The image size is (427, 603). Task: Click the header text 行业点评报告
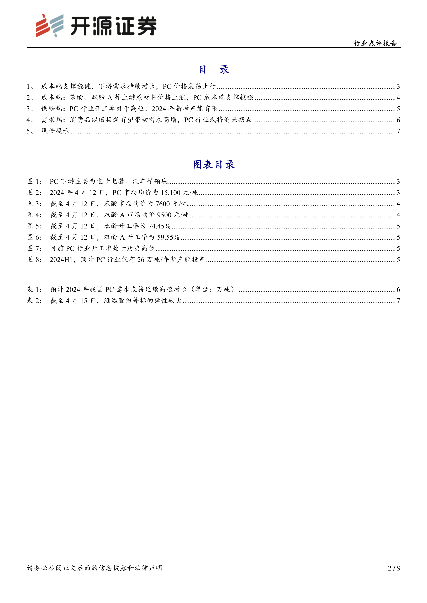[x=375, y=43]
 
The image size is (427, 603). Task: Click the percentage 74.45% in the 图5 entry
[x=159, y=226]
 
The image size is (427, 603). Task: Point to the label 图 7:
[x=34, y=248]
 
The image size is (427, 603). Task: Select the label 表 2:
[x=34, y=301]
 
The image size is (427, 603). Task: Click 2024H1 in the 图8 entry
[x=61, y=260]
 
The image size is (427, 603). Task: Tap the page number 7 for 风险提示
[x=398, y=131]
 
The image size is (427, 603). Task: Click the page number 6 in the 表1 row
[x=398, y=290]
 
